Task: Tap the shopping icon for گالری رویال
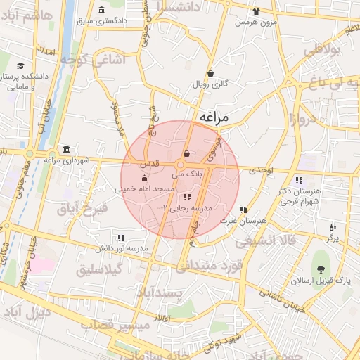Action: (210, 73)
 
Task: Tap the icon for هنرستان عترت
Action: (243, 210)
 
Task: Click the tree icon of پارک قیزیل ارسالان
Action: (321, 269)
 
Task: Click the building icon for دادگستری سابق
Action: (103, 10)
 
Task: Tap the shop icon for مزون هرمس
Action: (255, 11)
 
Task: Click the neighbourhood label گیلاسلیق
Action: (100, 269)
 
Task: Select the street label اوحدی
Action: (261, 170)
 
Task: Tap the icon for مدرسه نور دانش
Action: (121, 238)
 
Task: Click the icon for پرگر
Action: (333, 228)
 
